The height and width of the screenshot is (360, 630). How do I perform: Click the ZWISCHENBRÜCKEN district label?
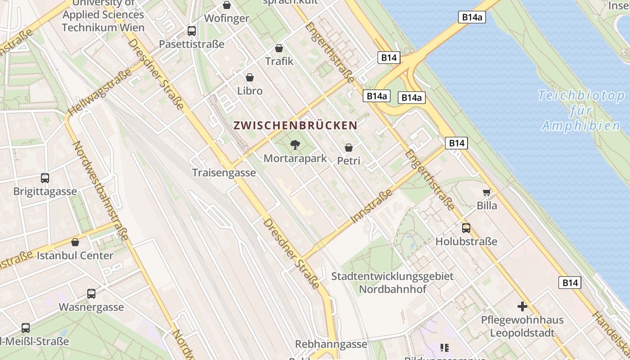pyautogui.click(x=295, y=126)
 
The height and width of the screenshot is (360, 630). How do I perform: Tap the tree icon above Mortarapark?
pyautogui.click(x=295, y=145)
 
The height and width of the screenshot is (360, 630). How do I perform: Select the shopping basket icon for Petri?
pyautogui.click(x=348, y=148)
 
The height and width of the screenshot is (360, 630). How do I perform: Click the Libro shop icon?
pyautogui.click(x=249, y=77)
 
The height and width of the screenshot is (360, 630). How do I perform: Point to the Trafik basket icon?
pyautogui.click(x=279, y=48)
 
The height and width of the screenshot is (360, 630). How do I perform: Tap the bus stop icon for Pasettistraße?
pyautogui.click(x=192, y=31)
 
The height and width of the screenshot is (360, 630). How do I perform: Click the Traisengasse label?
pyautogui.click(x=224, y=173)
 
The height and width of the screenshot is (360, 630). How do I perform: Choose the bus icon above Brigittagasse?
pyautogui.click(x=45, y=178)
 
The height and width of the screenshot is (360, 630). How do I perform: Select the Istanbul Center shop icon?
pyautogui.click(x=75, y=242)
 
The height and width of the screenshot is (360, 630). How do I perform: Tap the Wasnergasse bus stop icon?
pyautogui.click(x=91, y=294)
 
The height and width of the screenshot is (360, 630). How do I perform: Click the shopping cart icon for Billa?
pyautogui.click(x=486, y=193)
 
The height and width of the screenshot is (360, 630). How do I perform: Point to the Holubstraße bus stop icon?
pyautogui.click(x=466, y=228)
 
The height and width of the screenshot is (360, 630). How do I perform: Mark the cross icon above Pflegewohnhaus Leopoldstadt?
pyautogui.click(x=522, y=306)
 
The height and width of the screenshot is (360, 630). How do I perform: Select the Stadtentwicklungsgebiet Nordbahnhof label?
pyautogui.click(x=392, y=282)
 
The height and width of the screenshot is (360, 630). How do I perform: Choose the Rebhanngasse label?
pyautogui.click(x=331, y=344)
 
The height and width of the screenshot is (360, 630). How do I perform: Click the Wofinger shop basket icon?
pyautogui.click(x=227, y=5)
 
